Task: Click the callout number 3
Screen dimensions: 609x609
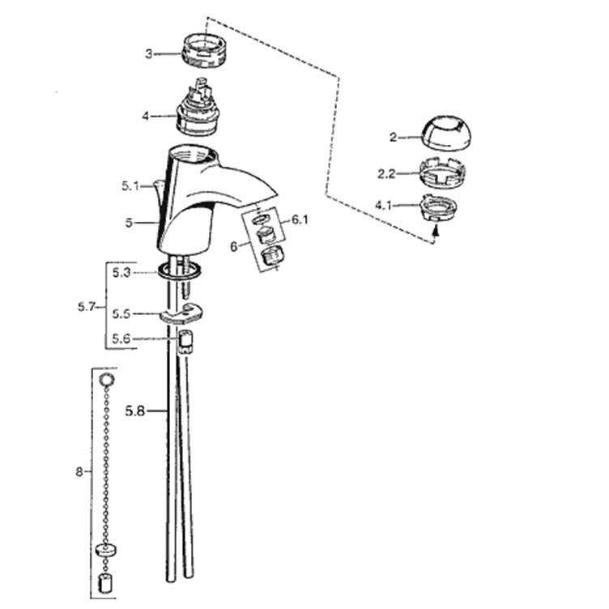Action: pyautogui.click(x=149, y=53)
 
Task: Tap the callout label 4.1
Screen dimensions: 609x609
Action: pyautogui.click(x=383, y=205)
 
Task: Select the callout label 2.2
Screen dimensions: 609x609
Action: pyautogui.click(x=386, y=173)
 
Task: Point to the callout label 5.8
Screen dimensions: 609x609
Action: pyautogui.click(x=134, y=411)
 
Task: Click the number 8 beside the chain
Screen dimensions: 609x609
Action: pyautogui.click(x=79, y=472)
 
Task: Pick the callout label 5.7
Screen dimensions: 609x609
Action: pyautogui.click(x=86, y=307)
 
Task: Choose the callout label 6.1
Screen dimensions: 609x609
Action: pyautogui.click(x=300, y=219)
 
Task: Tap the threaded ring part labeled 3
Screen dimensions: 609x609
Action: pyautogui.click(x=201, y=49)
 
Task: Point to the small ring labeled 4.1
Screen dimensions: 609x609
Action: pyautogui.click(x=437, y=207)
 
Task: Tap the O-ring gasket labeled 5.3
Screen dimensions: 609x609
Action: pyautogui.click(x=180, y=270)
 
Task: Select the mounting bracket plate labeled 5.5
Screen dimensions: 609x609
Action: pyautogui.click(x=181, y=313)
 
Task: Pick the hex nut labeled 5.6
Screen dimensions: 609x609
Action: pyautogui.click(x=185, y=342)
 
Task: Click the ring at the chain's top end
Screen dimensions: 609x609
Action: pyautogui.click(x=106, y=379)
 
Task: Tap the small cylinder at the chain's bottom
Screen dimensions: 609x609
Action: pyautogui.click(x=104, y=583)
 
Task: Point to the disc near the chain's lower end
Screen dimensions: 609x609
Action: pyautogui.click(x=105, y=550)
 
